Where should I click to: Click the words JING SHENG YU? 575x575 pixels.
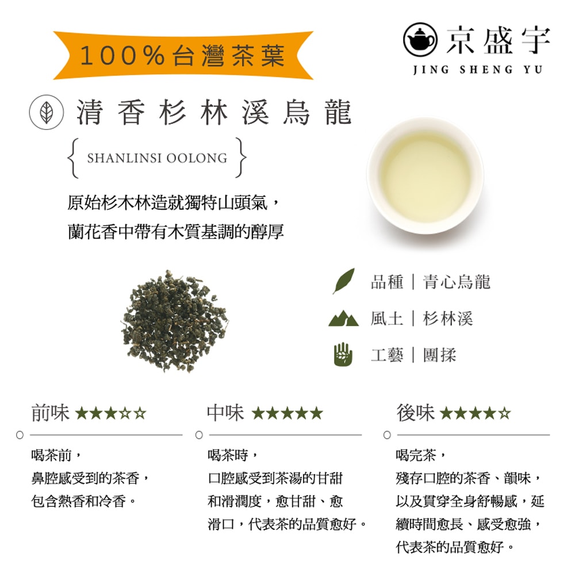coord(477,70)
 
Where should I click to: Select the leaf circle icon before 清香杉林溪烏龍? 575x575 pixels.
coord(46,112)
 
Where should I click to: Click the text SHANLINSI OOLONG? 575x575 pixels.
coord(157,158)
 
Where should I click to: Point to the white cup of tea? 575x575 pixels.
coord(425,175)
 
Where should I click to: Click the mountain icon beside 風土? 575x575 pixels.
coord(343,318)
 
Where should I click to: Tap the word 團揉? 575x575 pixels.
coord(439,354)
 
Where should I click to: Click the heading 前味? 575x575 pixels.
coord(50,412)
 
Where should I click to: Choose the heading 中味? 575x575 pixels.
coord(225,412)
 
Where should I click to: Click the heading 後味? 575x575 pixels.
coord(415,412)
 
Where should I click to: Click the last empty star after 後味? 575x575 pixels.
coord(505,413)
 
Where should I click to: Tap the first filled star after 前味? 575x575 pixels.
coord(81,413)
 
